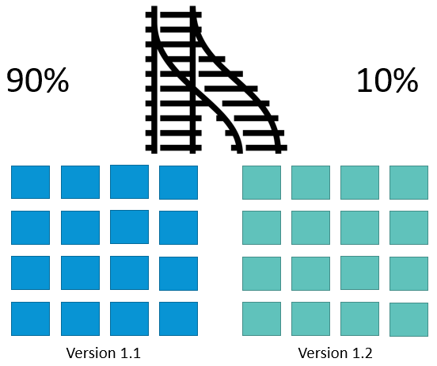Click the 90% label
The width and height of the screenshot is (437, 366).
point(38,80)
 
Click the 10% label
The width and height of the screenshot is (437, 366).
point(387,80)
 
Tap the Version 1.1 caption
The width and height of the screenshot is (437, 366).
point(103,353)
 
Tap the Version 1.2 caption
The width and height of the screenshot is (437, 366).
point(335,353)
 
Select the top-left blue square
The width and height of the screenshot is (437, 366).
point(30,182)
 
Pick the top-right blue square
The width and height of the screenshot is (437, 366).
point(178,183)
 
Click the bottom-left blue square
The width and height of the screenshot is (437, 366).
point(30,318)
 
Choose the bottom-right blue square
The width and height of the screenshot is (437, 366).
point(178,318)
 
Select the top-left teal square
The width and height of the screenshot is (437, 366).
point(261,183)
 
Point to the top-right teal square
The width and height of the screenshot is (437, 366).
point(408,183)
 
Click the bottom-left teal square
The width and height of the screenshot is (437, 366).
point(261,318)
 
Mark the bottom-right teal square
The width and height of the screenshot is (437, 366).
point(408,320)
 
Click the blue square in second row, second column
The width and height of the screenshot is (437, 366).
point(80,227)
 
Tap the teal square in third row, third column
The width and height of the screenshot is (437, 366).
point(359,273)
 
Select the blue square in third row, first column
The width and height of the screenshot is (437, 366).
point(30,273)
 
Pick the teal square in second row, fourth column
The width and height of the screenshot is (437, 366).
point(408,227)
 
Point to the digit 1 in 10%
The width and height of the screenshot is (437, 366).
point(363,80)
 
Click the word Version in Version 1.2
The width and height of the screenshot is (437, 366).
point(318,353)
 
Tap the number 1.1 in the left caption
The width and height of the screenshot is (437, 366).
point(131,353)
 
